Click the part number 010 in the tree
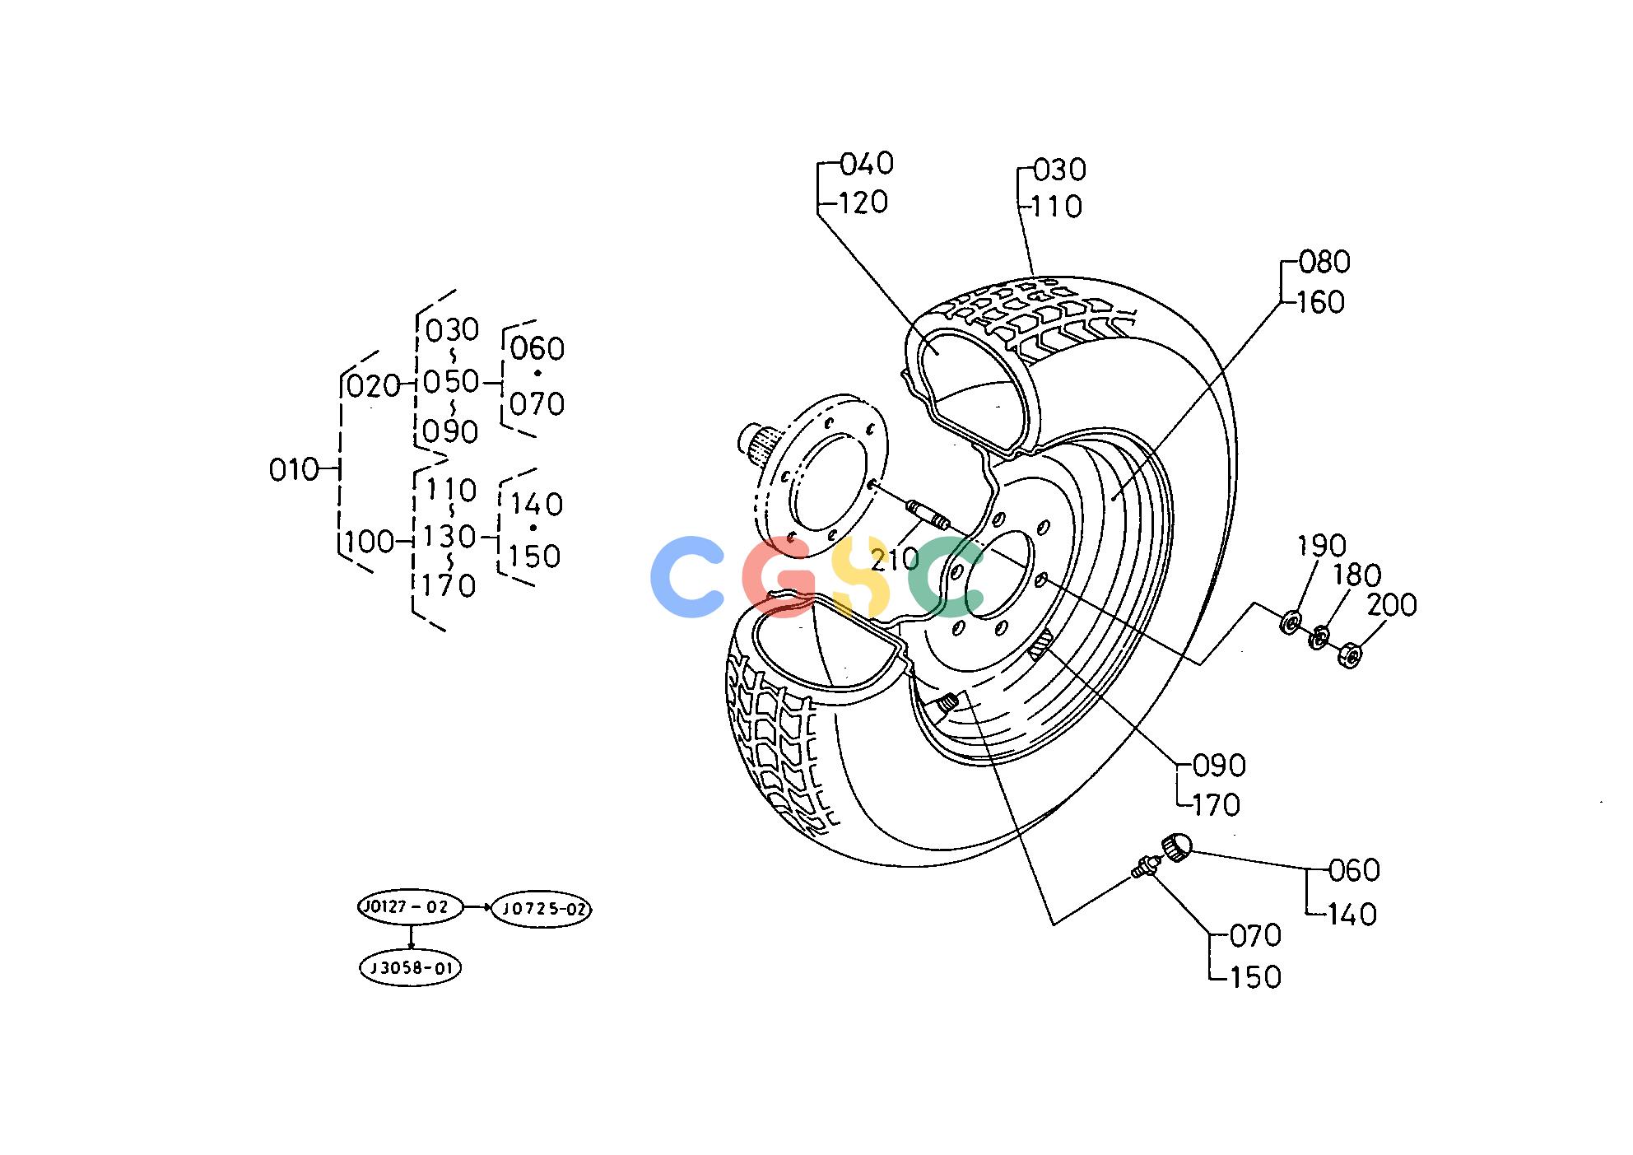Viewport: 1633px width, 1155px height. (294, 470)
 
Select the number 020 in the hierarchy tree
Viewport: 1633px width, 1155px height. (373, 385)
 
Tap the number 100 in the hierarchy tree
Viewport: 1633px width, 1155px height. (370, 542)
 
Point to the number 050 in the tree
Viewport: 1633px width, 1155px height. (451, 382)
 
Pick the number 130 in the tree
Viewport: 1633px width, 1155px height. (449, 537)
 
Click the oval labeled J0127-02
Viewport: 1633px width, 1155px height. (410, 907)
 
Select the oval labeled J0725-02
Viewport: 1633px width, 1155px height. (542, 909)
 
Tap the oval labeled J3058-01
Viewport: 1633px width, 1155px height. (411, 967)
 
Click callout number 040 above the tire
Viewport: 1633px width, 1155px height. (867, 164)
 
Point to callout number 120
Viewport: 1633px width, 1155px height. (863, 203)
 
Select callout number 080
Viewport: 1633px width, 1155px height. (1324, 263)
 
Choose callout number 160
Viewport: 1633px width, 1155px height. (1322, 303)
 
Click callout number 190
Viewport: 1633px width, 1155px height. (1322, 545)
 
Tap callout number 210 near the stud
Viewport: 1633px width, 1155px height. (895, 560)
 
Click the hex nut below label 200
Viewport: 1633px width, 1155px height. (1351, 655)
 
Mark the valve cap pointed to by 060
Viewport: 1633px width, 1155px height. (1176, 846)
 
